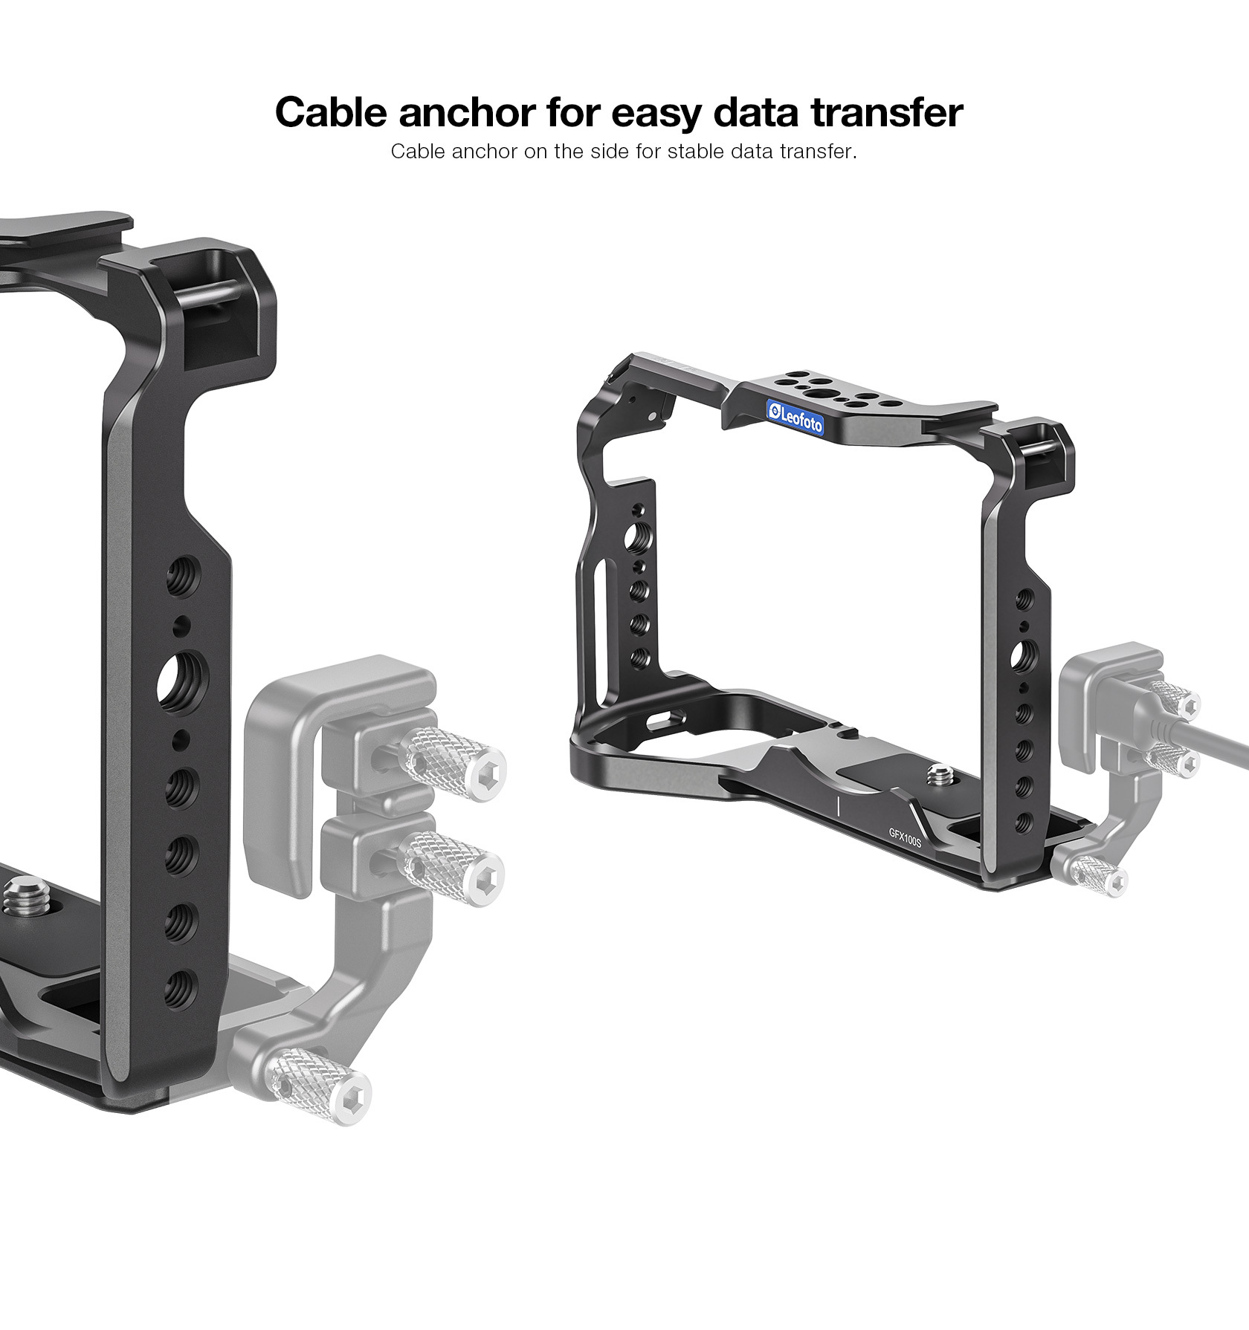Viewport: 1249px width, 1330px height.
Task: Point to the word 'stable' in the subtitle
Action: pos(695,152)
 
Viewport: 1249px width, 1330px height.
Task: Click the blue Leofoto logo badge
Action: pos(795,416)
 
